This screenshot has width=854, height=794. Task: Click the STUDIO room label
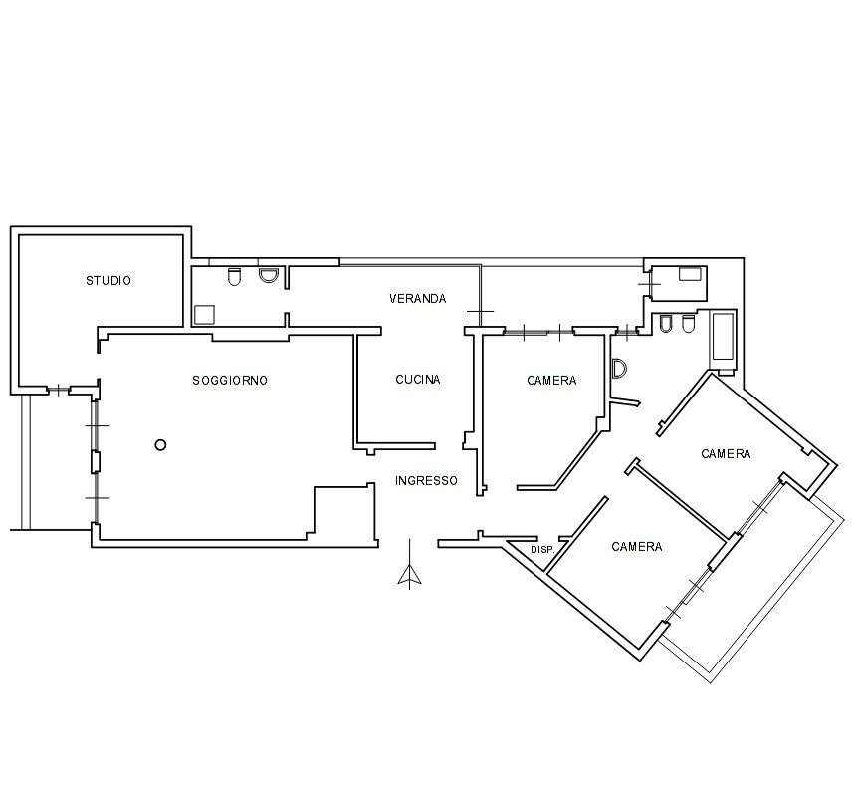click(x=108, y=281)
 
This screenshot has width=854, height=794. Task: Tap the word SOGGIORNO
click(x=230, y=380)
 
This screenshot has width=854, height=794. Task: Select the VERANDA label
click(x=418, y=298)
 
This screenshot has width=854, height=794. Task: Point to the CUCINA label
click(x=418, y=379)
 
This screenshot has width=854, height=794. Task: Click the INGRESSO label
click(x=426, y=480)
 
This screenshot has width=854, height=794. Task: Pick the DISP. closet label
click(x=542, y=550)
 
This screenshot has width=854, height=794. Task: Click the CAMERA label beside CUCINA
click(x=551, y=380)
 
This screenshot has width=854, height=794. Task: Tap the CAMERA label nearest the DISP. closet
click(x=637, y=546)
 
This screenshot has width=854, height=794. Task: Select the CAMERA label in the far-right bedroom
click(x=726, y=453)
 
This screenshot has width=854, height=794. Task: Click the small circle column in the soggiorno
click(x=160, y=445)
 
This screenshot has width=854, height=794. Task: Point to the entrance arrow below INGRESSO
click(x=409, y=564)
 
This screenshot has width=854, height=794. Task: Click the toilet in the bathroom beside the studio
click(x=234, y=277)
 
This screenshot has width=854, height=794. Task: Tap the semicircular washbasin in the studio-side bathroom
click(x=268, y=275)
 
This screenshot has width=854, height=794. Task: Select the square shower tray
click(x=204, y=315)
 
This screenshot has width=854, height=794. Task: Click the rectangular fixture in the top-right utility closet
click(x=690, y=274)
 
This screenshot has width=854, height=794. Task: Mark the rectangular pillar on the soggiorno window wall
click(x=96, y=462)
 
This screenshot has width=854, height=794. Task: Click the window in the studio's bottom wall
click(x=58, y=390)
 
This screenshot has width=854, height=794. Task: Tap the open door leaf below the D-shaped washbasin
click(x=625, y=402)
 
